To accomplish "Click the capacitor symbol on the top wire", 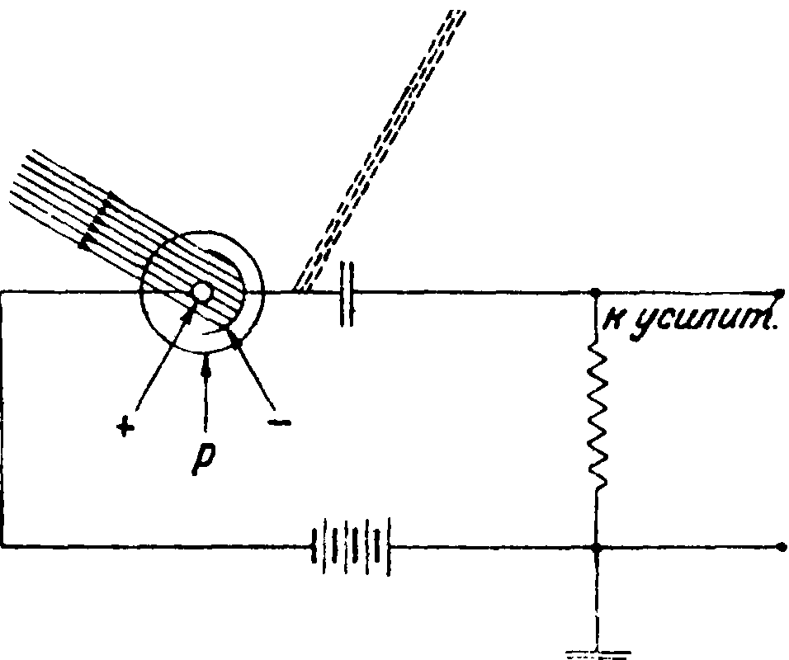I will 347,292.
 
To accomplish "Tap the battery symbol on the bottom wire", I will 348,546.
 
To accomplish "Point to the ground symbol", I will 596,652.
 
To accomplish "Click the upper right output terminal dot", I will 780,292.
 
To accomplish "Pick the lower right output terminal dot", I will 780,546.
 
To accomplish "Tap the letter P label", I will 201,462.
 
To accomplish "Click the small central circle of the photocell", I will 201,292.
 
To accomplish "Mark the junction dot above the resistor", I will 596,292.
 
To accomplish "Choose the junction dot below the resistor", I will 596,546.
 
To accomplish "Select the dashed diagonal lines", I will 380,148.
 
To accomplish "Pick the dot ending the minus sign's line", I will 237,341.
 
